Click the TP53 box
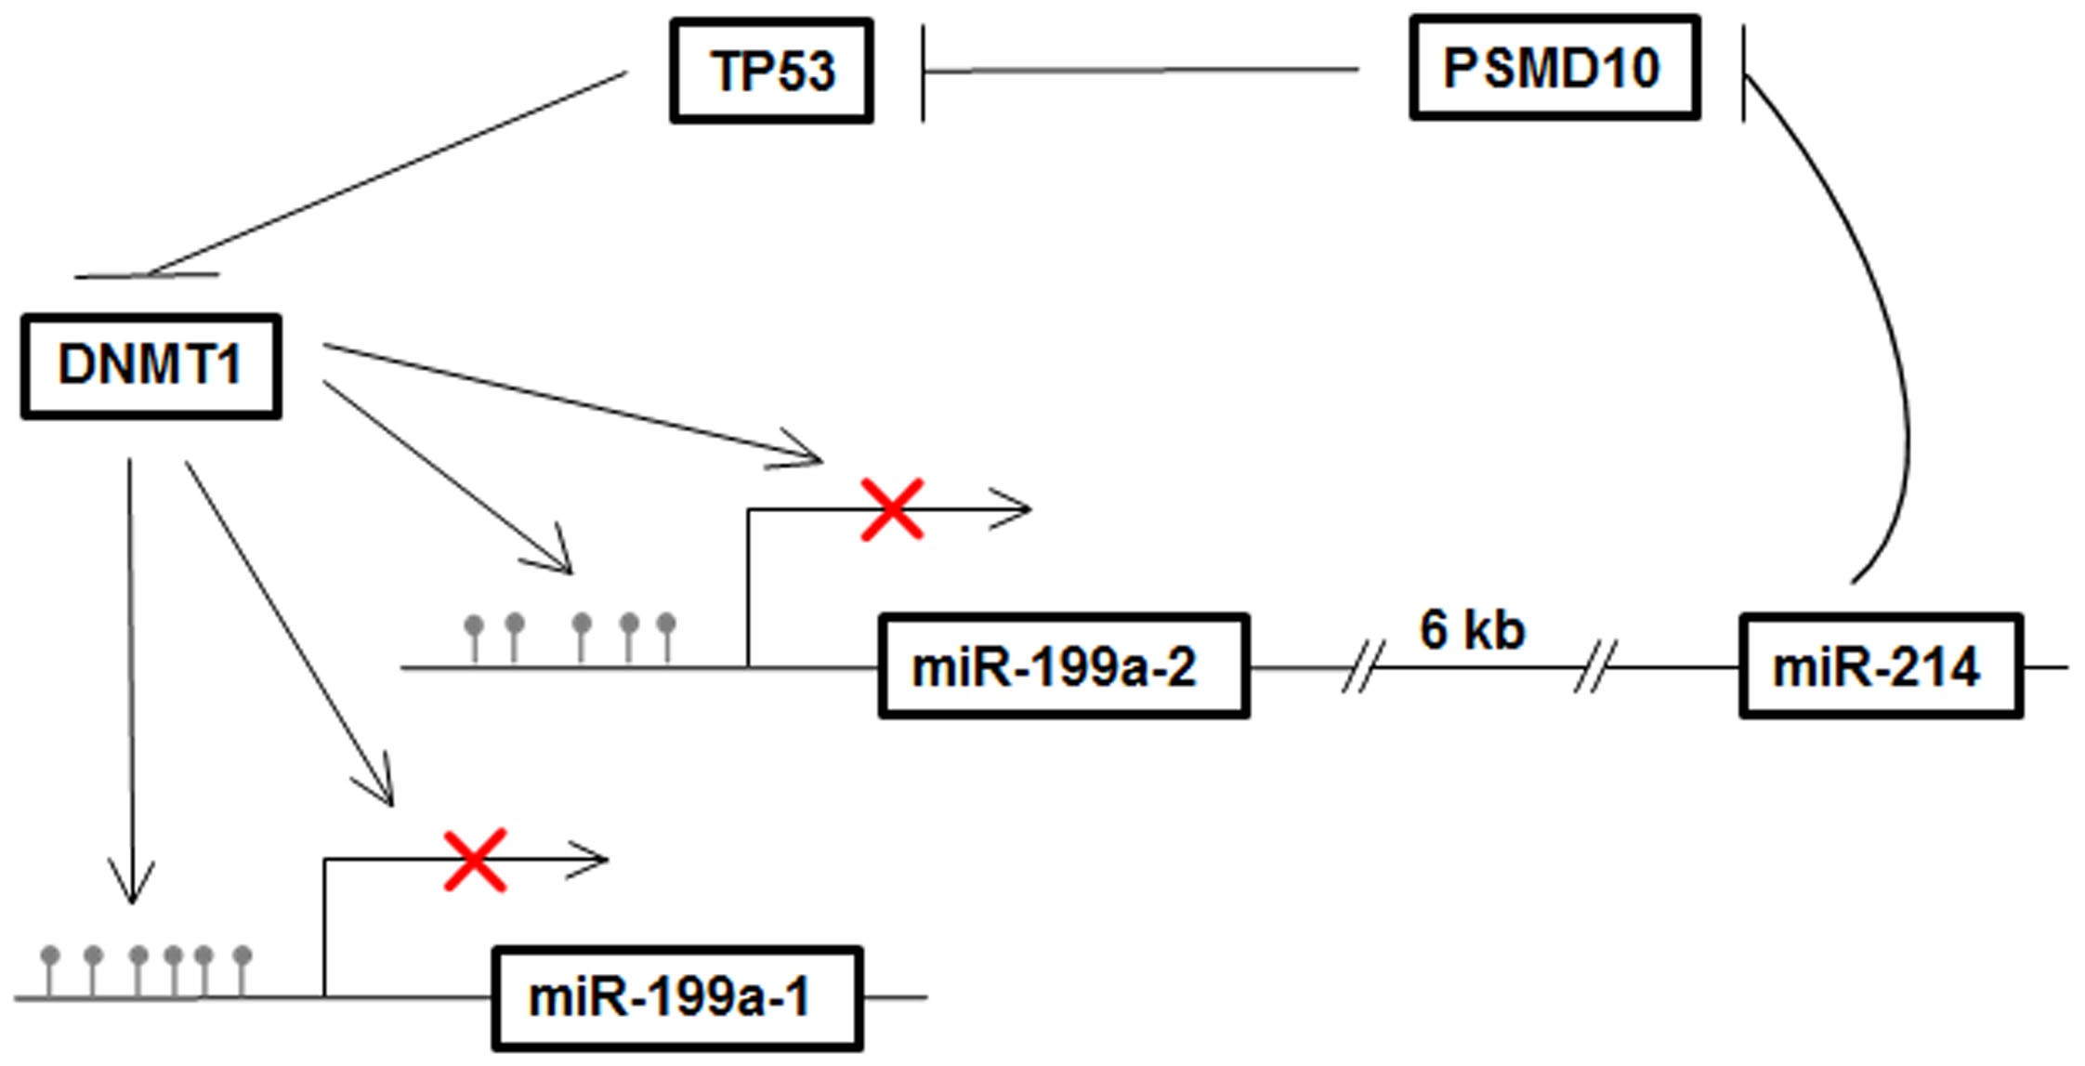click(771, 71)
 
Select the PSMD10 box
click(1554, 68)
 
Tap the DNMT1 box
click(151, 366)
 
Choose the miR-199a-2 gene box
click(1063, 666)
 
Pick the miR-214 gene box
click(1880, 666)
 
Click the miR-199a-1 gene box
click(676, 998)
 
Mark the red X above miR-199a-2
click(892, 509)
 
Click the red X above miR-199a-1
click(475, 860)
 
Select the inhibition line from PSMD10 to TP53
click(1143, 70)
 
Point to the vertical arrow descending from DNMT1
click(130, 678)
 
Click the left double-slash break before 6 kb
click(1362, 666)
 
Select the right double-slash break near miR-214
click(1594, 666)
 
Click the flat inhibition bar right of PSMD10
click(1743, 72)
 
